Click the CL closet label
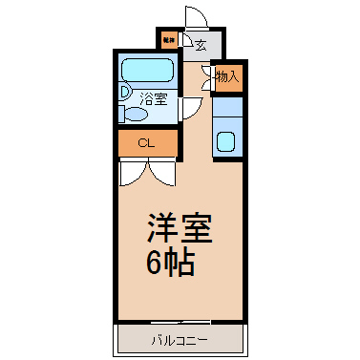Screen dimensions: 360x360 click(x=145, y=143)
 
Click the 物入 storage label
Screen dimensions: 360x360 click(x=227, y=77)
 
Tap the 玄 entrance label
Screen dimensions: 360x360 click(x=201, y=44)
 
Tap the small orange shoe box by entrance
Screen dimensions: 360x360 click(x=168, y=40)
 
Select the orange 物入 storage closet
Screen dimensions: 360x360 click(x=227, y=77)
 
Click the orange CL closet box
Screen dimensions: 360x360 click(x=147, y=143)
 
